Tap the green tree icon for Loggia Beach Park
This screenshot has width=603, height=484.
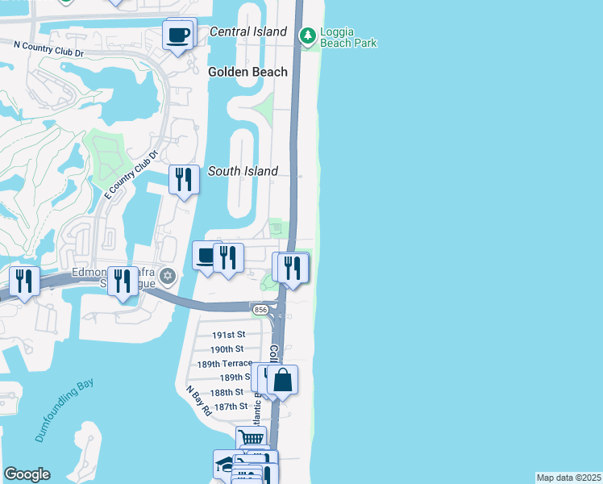[x=307, y=35]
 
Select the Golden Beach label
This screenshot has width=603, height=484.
[x=247, y=72]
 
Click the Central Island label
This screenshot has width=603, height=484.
[x=247, y=31]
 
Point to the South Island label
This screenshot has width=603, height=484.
[x=243, y=171]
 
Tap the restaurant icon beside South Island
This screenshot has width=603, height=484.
[x=184, y=179]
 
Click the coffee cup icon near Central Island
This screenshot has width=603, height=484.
[x=177, y=35]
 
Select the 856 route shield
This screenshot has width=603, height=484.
[x=260, y=310]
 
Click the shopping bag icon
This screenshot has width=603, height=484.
[x=283, y=379]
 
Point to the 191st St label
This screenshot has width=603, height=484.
[x=228, y=335]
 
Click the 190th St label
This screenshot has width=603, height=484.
[x=227, y=349]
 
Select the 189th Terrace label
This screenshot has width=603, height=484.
[x=225, y=364]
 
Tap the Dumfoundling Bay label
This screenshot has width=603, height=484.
[x=64, y=412]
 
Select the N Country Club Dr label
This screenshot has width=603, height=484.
[x=49, y=50]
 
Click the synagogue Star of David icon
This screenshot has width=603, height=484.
[x=168, y=276]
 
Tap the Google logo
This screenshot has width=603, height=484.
[x=27, y=474]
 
